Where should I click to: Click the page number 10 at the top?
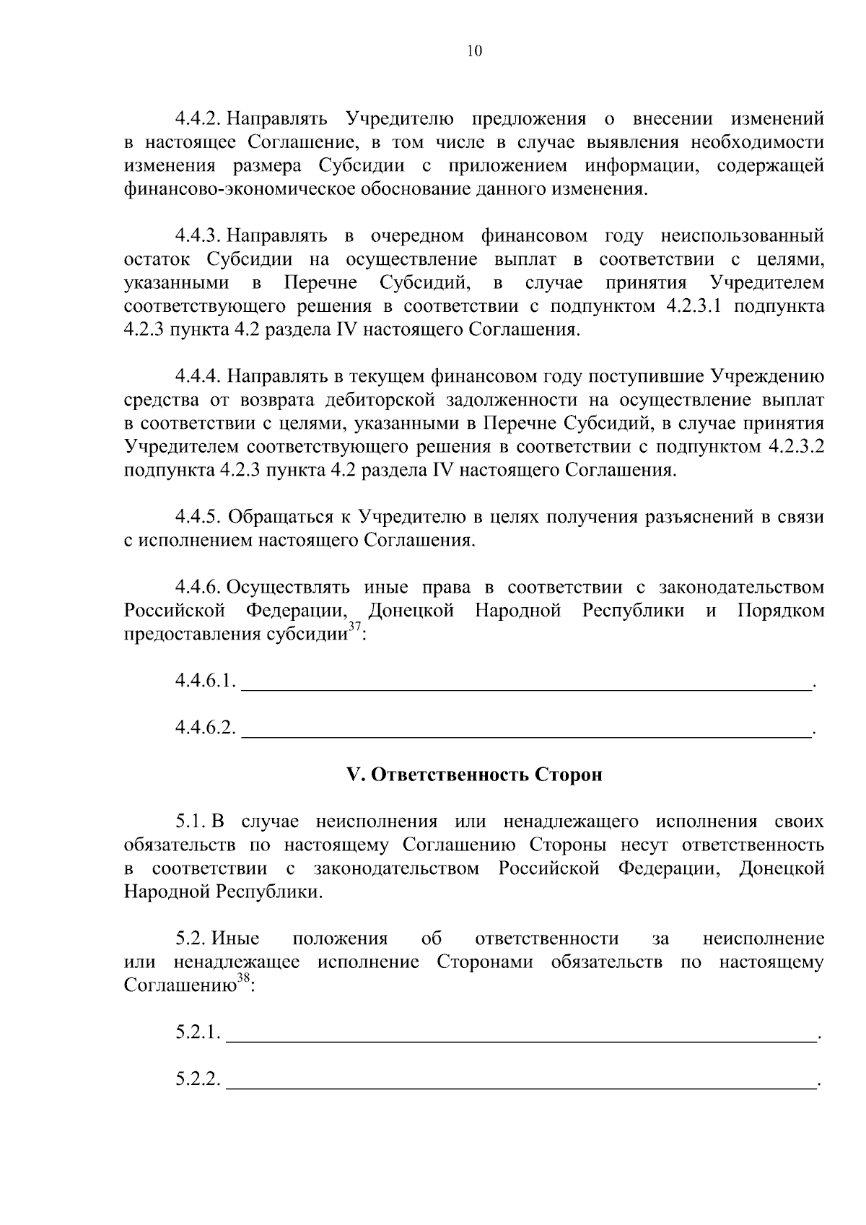[474, 51]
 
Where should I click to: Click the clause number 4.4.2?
[197, 118]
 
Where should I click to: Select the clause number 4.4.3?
[197, 235]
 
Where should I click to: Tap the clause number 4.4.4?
[197, 376]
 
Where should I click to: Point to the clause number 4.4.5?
[197, 517]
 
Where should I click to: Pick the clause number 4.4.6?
[197, 587]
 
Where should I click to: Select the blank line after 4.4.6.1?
[525, 683]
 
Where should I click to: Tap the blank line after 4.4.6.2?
[525, 730]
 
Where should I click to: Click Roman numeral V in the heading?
[354, 775]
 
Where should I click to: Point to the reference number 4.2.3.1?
[695, 306]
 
